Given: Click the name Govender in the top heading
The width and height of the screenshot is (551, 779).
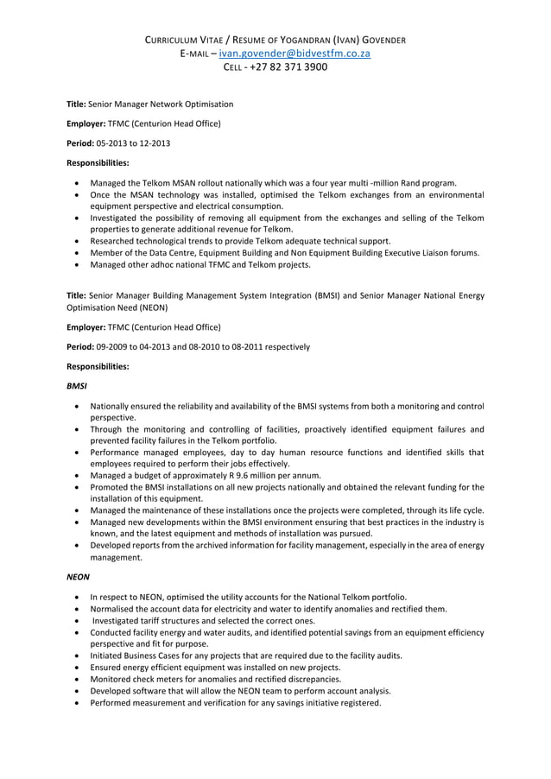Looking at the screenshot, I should tap(377, 40).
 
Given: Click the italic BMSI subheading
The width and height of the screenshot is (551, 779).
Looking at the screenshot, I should tap(77, 385).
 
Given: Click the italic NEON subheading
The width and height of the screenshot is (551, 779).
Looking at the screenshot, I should tap(79, 576).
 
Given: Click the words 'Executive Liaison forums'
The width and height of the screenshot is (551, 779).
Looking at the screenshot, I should tap(428, 252).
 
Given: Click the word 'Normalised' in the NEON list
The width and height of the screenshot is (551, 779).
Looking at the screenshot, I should tap(112, 609).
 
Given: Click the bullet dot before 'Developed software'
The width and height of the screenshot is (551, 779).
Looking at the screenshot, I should tap(79, 691).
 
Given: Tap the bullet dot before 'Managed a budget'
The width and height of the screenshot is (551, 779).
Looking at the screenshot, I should tap(79, 475).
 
